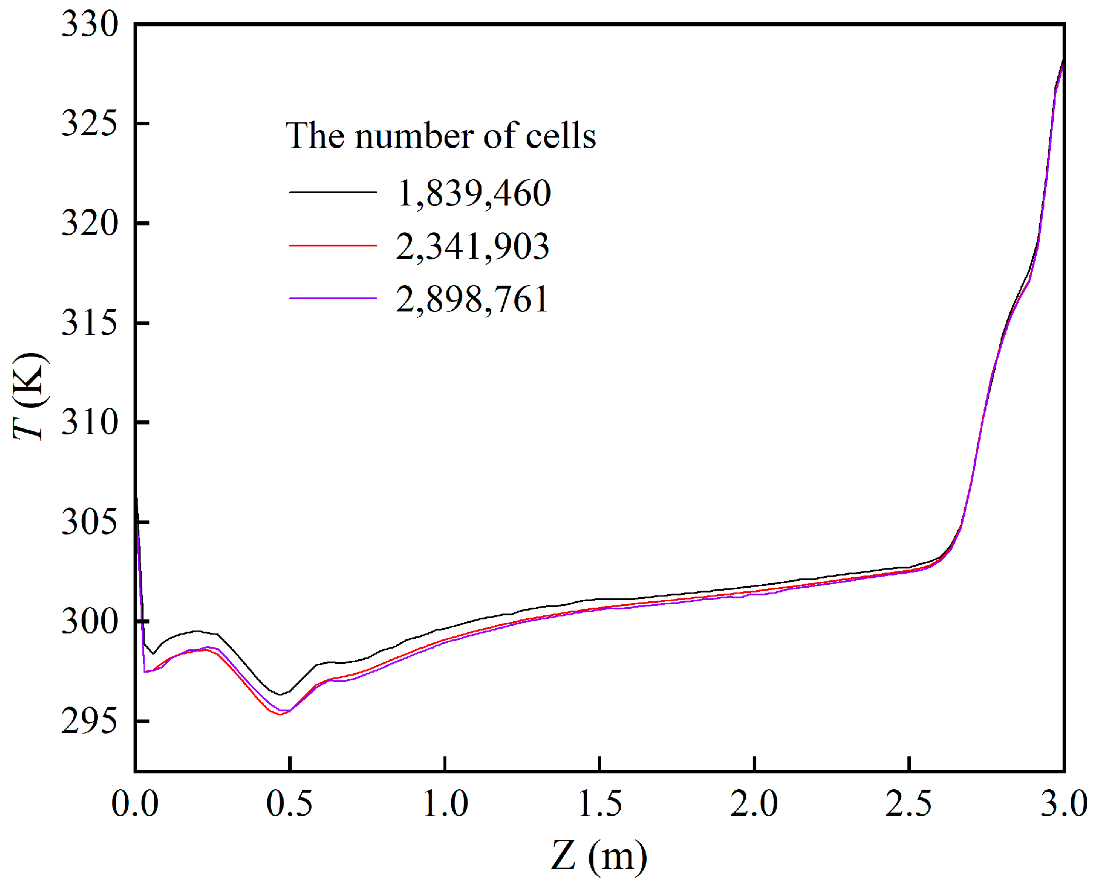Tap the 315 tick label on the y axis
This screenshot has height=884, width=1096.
(90, 323)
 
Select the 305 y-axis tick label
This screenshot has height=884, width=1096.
(90, 522)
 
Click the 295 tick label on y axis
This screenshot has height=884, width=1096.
(90, 721)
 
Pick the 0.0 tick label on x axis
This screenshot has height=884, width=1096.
(135, 803)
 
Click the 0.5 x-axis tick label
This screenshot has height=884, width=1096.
(289, 803)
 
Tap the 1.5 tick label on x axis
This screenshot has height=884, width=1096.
(599, 803)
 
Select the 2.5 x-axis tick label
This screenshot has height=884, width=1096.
(909, 803)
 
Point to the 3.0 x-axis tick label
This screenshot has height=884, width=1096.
(1063, 803)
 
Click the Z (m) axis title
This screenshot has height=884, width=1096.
(599, 856)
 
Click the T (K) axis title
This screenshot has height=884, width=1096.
(29, 396)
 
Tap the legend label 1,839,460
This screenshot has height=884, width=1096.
(473, 193)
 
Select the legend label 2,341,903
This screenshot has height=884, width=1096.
(472, 246)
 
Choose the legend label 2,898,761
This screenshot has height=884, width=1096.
(472, 299)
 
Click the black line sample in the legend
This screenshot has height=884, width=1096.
(333, 192)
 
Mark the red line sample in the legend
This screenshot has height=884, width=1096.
(333, 245)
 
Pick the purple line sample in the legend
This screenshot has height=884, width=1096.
(333, 299)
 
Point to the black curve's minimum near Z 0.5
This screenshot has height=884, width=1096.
(281, 695)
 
